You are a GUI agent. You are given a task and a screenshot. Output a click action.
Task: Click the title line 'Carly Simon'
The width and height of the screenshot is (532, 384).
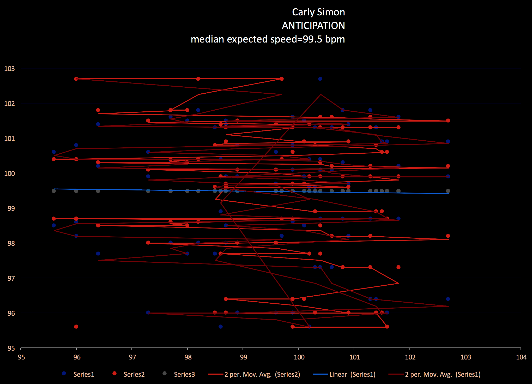point(318,12)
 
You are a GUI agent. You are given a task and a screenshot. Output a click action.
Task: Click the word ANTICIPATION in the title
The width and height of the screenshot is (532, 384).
point(313,26)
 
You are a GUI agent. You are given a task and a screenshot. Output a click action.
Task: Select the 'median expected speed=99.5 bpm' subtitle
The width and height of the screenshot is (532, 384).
point(268,39)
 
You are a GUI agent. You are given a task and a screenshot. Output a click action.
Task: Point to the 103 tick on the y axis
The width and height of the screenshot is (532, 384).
point(10,69)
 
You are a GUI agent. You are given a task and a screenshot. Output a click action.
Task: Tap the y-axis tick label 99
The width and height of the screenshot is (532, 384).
point(11,208)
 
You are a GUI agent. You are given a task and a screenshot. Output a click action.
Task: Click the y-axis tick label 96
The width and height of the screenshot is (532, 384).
point(11,313)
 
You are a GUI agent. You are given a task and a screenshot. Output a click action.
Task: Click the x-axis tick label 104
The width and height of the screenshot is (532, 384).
point(521,357)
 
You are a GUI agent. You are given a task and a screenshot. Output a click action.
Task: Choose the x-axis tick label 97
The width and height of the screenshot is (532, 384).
point(132,357)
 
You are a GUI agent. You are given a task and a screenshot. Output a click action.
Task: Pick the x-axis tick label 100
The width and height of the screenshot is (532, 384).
point(299,357)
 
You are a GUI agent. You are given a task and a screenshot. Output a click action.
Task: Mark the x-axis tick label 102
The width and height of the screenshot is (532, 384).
point(410,357)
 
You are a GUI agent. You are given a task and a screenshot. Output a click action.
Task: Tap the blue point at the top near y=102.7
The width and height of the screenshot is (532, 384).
point(320,79)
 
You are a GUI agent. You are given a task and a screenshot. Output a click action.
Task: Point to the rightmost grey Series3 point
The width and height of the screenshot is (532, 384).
point(448,191)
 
